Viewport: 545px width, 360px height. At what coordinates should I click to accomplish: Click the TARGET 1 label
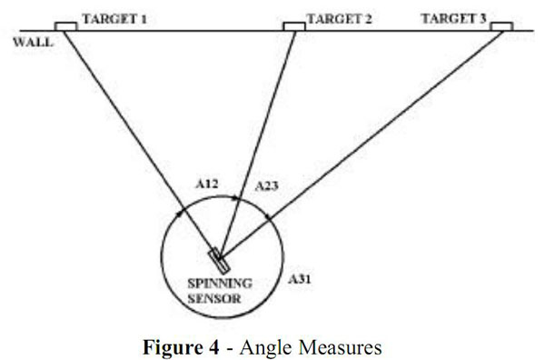(114, 18)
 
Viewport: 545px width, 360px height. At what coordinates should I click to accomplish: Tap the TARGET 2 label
(341, 18)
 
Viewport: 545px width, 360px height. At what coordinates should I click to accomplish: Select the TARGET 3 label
(453, 18)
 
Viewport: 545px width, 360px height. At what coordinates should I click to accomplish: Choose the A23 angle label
(266, 186)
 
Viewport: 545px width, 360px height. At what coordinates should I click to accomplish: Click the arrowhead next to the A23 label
(239, 196)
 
